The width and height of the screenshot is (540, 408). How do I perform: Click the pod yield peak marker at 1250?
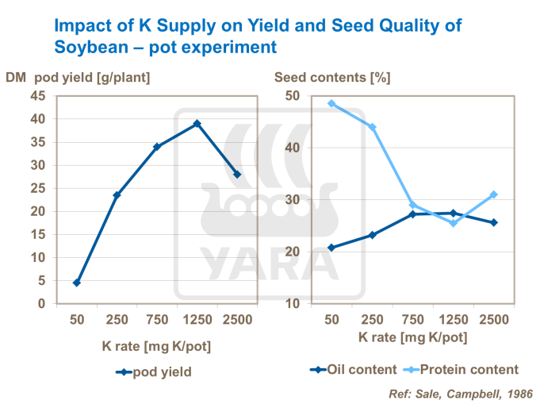tap(197, 124)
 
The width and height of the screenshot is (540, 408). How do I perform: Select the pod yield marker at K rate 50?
tap(77, 283)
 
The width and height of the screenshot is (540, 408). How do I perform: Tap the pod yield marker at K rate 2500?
tap(236, 175)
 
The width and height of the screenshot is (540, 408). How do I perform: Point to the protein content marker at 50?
tap(331, 103)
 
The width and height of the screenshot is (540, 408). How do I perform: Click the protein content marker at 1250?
tap(453, 223)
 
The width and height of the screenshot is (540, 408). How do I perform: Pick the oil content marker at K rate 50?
tap(331, 248)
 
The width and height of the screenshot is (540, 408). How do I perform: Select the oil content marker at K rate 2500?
tap(493, 222)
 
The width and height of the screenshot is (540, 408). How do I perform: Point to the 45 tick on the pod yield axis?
tap(37, 96)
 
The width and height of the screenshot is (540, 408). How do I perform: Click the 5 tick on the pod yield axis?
tap(41, 281)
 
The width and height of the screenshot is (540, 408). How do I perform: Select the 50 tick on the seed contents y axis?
tap(293, 95)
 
